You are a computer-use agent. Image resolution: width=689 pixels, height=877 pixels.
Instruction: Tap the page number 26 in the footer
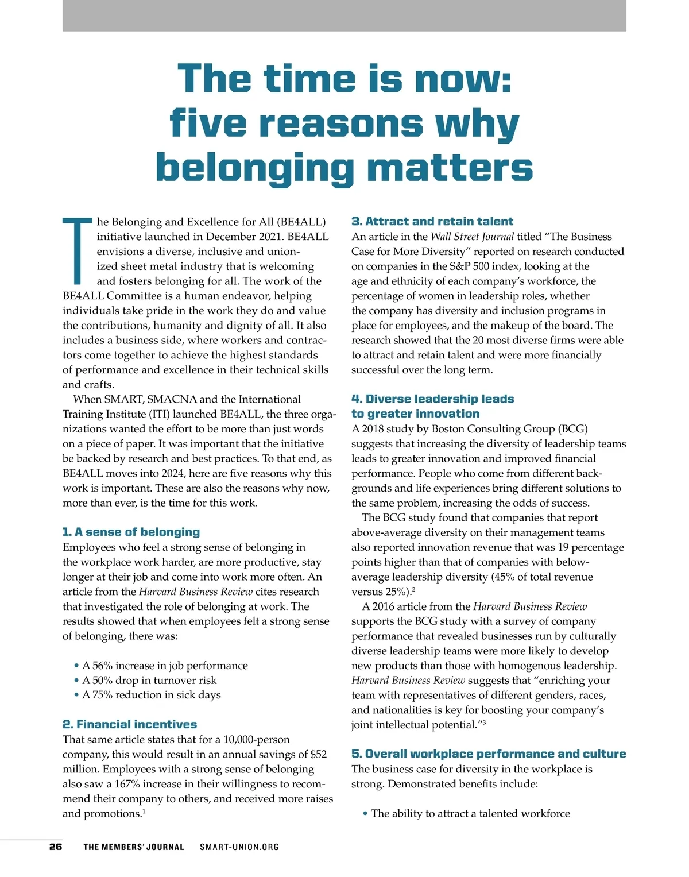pos(56,847)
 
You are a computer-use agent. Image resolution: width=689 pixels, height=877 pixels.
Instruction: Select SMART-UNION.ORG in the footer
pos(239,847)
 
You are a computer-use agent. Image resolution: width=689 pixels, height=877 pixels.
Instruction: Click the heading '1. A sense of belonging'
pos(131,532)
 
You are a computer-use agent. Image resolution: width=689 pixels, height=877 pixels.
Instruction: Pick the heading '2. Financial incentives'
pos(129,724)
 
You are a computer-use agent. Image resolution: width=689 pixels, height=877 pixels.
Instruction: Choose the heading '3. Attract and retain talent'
pos(432,221)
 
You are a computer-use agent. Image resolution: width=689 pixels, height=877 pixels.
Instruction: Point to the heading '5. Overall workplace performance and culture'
pos(488,754)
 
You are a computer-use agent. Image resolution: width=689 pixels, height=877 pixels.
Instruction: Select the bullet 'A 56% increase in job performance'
pos(165,666)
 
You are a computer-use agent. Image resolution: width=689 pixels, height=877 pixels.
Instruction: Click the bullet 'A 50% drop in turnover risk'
pos(149,681)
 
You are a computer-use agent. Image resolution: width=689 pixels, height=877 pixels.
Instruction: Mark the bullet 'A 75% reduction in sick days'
pos(152,695)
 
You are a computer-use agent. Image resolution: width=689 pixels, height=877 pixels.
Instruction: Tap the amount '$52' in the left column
pos(318,754)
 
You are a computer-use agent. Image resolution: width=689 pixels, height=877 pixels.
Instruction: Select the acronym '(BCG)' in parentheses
pos(571,429)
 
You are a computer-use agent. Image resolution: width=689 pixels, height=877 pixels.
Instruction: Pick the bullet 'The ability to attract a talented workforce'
pos(470,813)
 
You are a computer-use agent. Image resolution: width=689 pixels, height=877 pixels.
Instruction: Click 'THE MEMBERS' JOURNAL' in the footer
pos(134,847)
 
